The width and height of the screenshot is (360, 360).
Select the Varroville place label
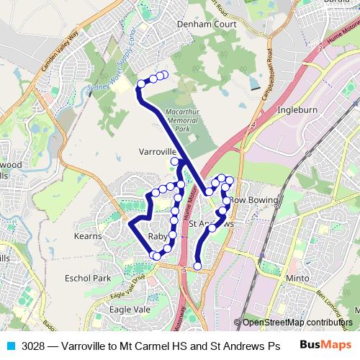pos(158,153)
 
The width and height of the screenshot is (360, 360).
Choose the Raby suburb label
pos(157,236)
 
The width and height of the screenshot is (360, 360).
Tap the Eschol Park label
pos(87,278)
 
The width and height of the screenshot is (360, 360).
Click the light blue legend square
pos(9,346)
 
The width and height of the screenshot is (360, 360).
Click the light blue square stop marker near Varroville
pos(174,161)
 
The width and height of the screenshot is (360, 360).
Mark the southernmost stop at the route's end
pos(198,267)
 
